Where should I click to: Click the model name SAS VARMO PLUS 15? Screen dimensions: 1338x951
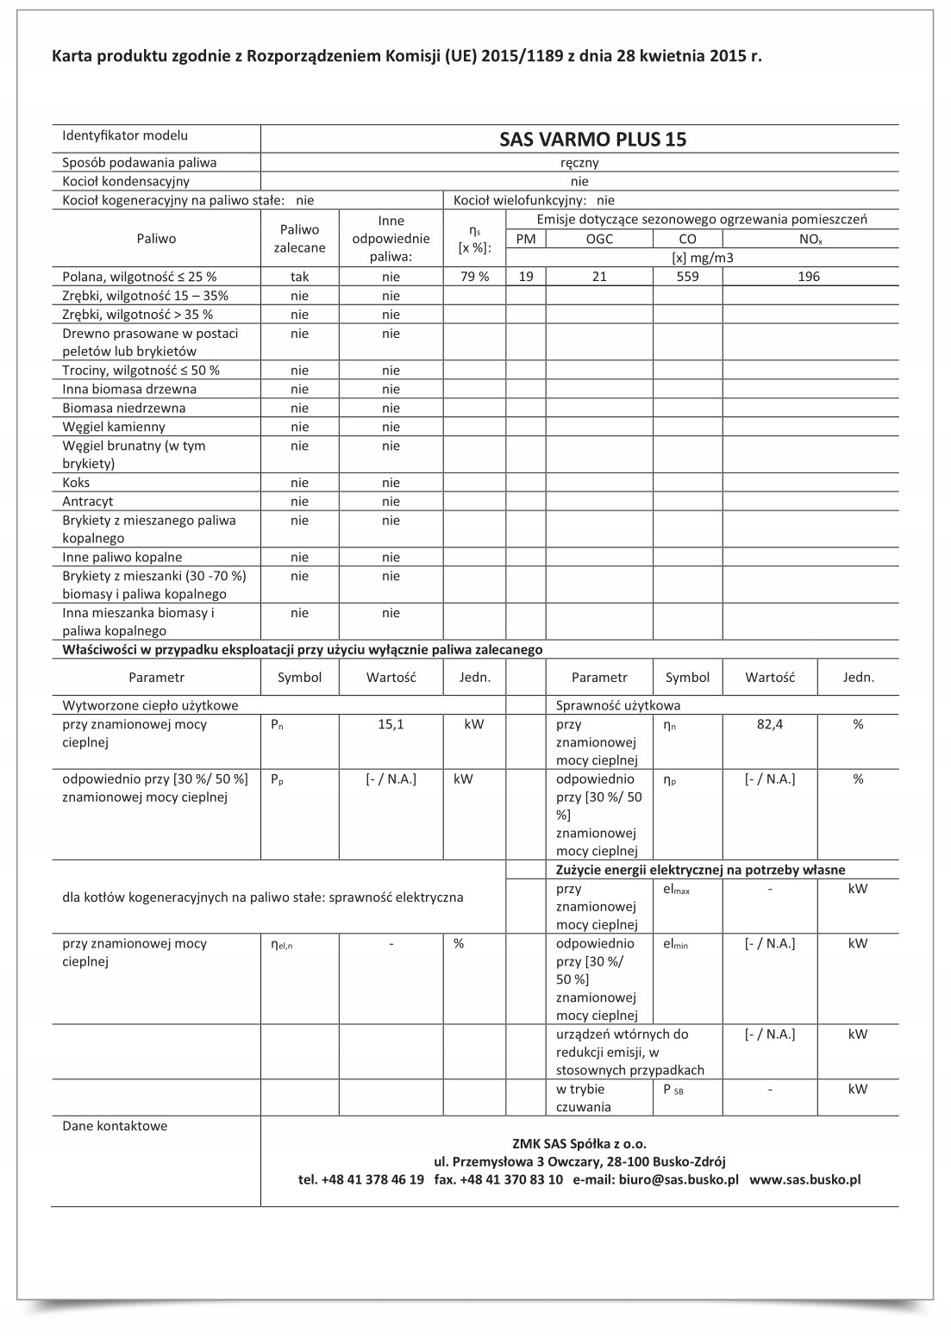593,140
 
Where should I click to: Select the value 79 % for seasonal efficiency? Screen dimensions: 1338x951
472,277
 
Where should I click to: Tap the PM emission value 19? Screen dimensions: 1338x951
526,277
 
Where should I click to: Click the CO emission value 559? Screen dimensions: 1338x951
687,277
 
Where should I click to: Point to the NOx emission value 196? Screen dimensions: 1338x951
810,277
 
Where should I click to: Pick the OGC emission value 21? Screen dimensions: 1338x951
599,277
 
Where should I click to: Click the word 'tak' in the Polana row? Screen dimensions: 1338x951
299,277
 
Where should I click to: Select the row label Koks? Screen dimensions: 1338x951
76,483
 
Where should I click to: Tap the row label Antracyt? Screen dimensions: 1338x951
88,502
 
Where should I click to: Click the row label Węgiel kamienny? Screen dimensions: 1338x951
114,427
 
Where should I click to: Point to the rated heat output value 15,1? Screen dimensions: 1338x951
391,725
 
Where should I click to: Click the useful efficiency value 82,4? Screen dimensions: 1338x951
770,725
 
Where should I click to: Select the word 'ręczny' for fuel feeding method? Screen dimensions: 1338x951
579,162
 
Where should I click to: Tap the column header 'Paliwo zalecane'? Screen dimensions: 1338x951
299,239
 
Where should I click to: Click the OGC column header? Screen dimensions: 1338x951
599,239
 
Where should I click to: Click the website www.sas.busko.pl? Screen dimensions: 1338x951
805,1179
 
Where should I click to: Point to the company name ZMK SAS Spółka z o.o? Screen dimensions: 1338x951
579,1144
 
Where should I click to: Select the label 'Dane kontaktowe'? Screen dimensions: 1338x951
115,1126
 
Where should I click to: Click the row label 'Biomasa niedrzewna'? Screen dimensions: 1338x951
123,408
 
